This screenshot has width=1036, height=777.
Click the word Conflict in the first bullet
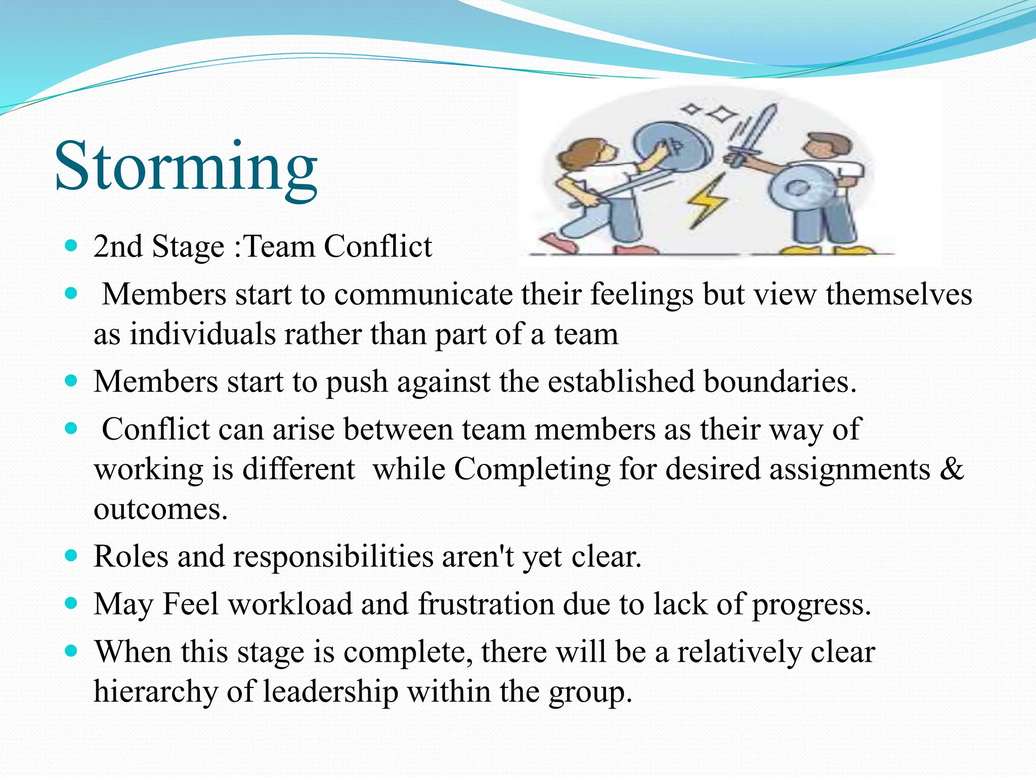coord(378,247)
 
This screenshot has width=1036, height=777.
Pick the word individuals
coord(202,334)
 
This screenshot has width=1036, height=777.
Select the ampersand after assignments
coord(952,469)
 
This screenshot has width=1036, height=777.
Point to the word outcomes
coord(160,509)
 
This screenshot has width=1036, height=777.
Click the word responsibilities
coord(333,556)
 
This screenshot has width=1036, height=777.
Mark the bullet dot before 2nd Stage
coord(71,246)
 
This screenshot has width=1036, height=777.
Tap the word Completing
coord(532,469)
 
